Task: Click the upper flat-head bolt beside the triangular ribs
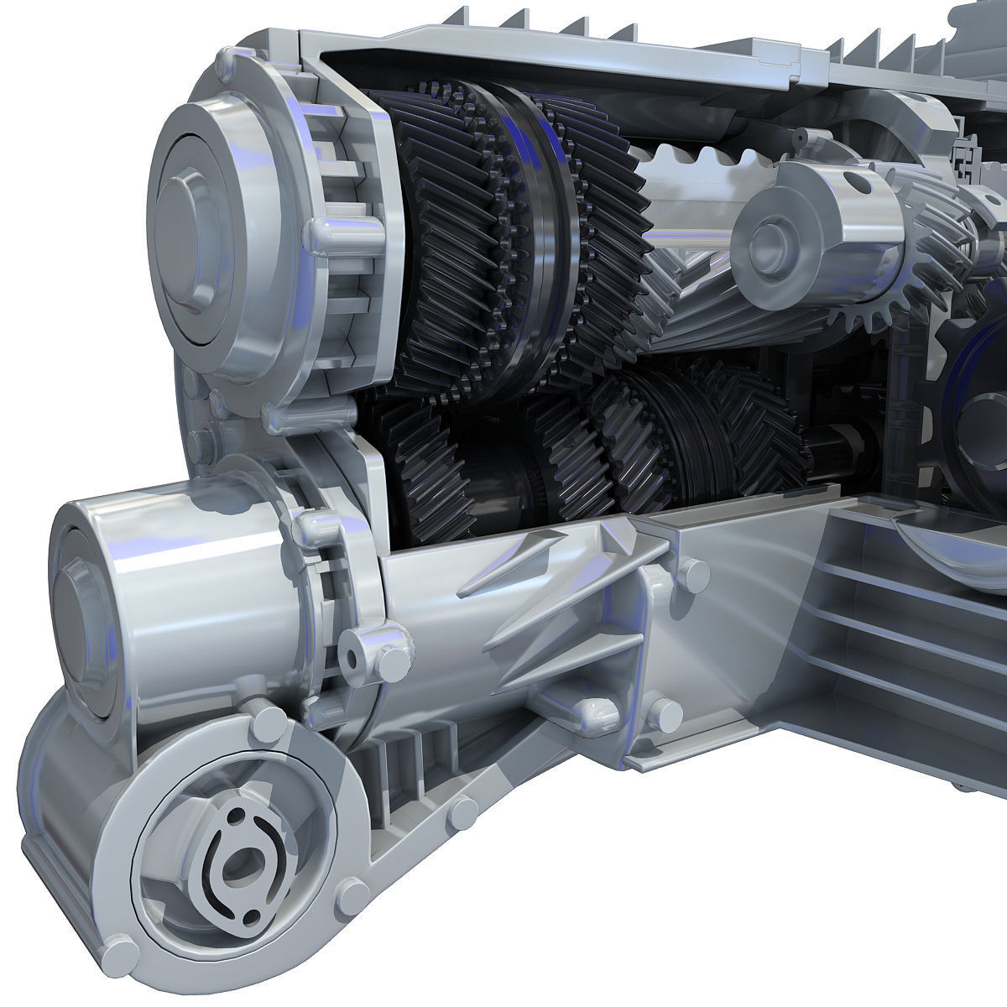693,575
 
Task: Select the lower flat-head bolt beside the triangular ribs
668,713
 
